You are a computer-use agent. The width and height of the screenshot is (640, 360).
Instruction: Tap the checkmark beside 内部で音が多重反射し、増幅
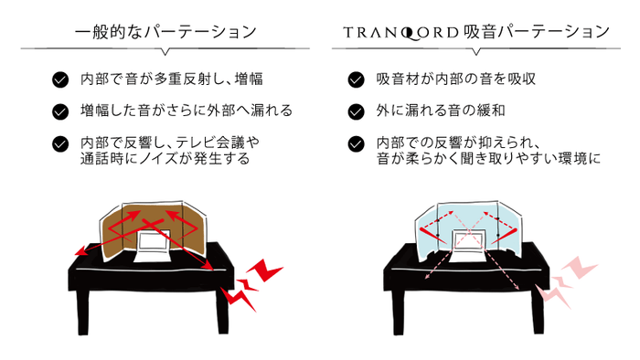[60, 79]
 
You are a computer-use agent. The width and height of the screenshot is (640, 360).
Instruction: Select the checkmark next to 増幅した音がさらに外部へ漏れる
[60, 111]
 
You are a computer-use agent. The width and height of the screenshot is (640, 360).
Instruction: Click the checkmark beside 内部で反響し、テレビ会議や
[60, 143]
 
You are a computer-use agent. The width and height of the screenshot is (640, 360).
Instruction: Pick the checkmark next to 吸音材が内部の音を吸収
[357, 79]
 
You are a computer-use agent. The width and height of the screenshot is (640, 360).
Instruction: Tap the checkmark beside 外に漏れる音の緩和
[357, 111]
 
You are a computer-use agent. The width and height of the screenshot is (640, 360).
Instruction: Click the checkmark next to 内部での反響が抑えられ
[357, 143]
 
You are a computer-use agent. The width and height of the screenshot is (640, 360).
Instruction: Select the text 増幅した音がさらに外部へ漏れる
[187, 111]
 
